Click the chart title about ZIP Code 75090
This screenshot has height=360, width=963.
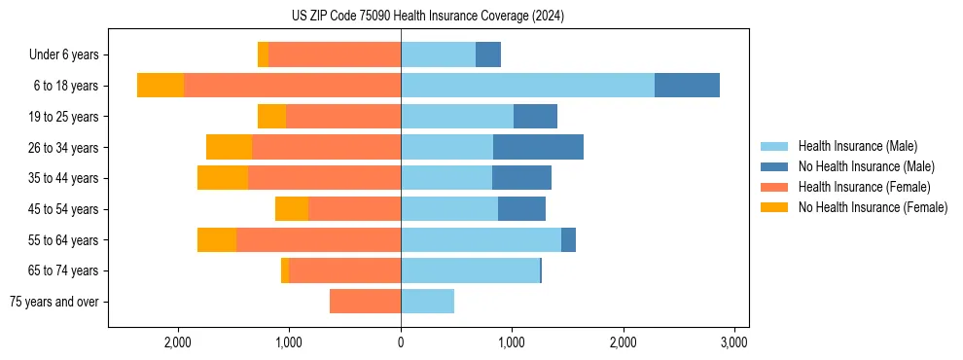[427, 17]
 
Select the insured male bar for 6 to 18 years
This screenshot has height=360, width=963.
[527, 86]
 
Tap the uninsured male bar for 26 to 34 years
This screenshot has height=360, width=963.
[538, 147]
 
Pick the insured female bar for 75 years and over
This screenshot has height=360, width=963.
[365, 302]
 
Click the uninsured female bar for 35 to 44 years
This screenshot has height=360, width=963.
[223, 178]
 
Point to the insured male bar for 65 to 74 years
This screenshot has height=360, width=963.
[470, 270]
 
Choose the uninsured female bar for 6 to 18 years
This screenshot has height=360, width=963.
[160, 86]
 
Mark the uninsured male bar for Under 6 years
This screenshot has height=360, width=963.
[488, 55]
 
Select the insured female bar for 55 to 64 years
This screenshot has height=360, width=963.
[318, 239]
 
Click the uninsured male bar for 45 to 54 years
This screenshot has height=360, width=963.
[521, 209]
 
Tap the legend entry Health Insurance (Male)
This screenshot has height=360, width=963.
[857, 146]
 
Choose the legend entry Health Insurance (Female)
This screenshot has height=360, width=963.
[864, 187]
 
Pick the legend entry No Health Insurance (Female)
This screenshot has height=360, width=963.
[873, 207]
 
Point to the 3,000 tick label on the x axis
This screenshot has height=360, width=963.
[734, 343]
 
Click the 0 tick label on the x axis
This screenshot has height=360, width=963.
[401, 343]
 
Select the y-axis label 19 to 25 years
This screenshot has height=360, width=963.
[64, 117]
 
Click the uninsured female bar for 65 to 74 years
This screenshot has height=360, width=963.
[285, 270]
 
